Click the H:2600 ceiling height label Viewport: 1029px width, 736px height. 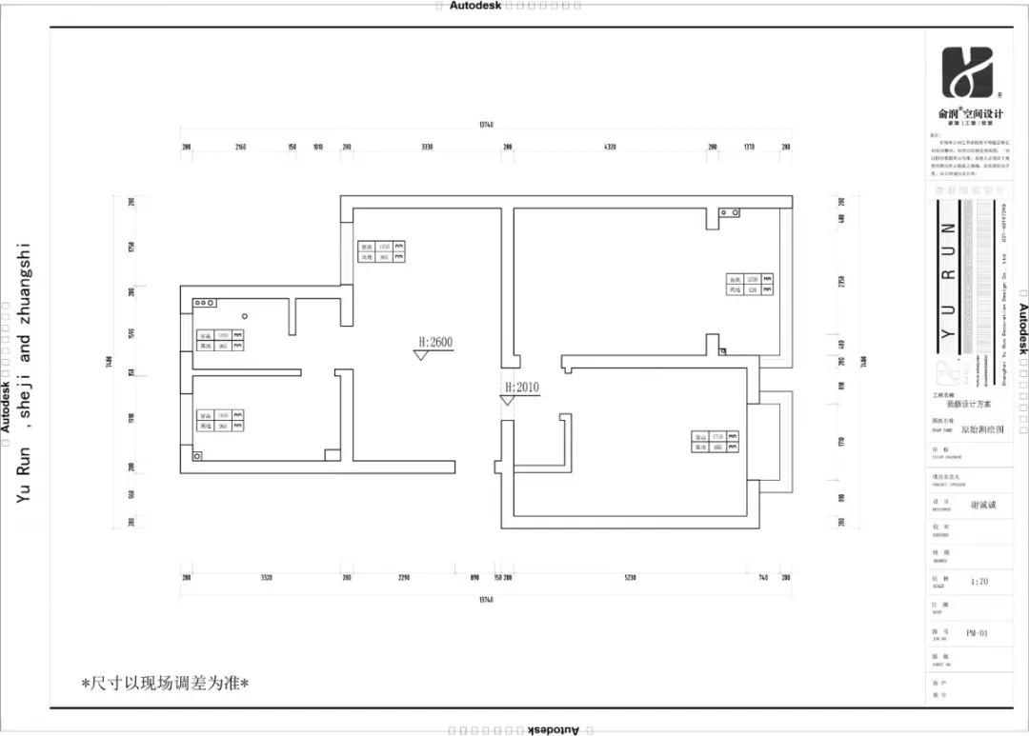(x=434, y=342)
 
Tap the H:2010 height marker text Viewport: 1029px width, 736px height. (x=522, y=387)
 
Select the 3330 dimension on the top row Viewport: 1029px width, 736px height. (x=427, y=147)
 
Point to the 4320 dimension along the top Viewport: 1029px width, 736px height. (x=610, y=147)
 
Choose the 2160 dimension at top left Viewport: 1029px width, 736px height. (x=240, y=147)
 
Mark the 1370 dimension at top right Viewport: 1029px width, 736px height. (x=749, y=147)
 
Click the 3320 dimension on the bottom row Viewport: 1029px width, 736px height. (x=267, y=578)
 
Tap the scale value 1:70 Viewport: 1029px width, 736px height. (x=979, y=582)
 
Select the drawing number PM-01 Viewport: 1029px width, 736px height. (x=977, y=632)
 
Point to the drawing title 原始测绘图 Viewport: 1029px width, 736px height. (x=980, y=429)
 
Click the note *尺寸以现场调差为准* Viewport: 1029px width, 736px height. (x=165, y=683)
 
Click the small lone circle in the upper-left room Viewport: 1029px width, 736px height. (x=245, y=315)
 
